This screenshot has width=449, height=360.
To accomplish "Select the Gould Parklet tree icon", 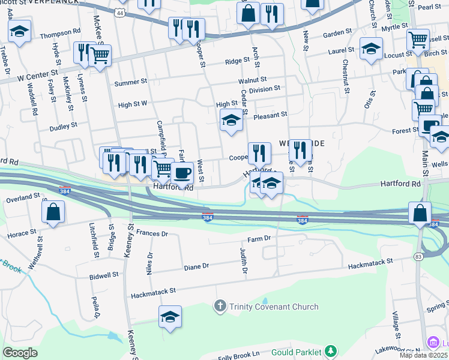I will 330,351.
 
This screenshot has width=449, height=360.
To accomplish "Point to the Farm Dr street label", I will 259,238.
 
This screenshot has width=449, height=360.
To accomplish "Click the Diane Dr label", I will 196,266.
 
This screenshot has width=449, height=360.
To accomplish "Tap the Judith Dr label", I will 244,262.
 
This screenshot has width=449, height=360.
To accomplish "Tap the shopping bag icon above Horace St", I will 53,212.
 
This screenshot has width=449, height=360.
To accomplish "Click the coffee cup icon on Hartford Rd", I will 182,173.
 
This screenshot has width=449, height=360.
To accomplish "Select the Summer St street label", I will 130,82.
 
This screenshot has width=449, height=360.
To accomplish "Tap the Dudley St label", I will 64,127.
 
